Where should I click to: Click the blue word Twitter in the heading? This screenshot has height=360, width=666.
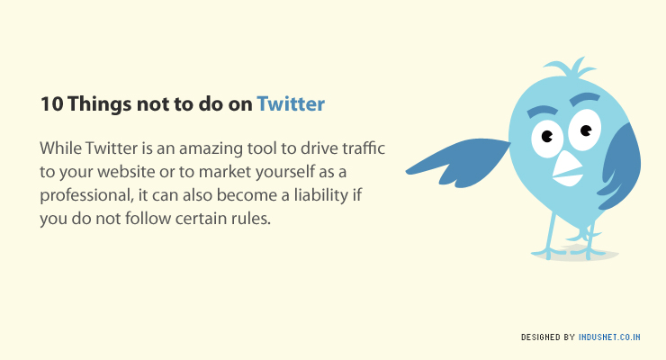pos(291,104)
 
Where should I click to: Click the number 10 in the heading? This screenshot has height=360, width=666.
pos(52,104)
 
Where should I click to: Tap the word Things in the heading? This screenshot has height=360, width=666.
pos(99,105)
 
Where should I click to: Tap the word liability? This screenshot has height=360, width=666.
pos(321,195)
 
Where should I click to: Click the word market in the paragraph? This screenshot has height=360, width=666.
pos(220,172)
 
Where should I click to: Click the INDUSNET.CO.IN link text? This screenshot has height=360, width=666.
pos(609,337)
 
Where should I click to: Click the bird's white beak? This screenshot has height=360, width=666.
pos(567,170)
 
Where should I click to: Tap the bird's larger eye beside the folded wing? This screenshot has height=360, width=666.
pos(585,130)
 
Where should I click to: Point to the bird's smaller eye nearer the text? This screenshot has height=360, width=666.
pos(547,139)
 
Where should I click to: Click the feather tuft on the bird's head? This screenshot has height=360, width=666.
pos(571,68)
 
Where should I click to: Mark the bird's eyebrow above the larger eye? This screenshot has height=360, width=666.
pos(585,98)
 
